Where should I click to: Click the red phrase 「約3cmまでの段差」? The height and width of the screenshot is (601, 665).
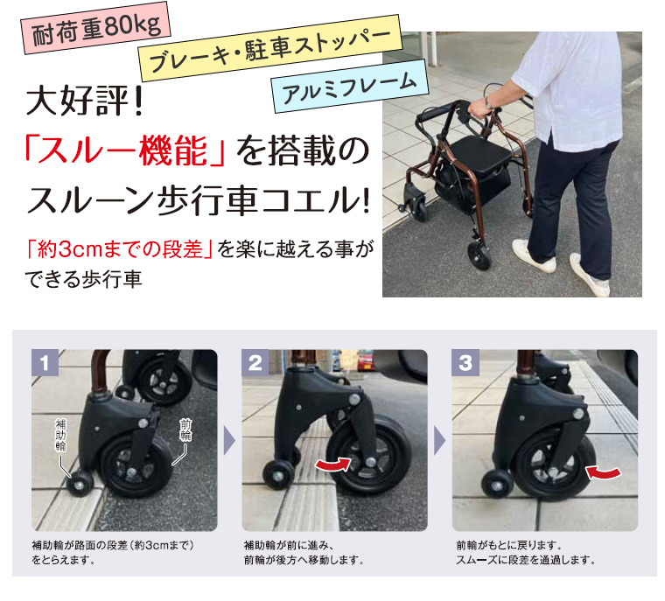tap(121, 250)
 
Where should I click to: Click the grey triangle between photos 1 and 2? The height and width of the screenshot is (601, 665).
tap(230, 440)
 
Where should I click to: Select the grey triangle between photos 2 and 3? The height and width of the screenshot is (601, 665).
tap(440, 440)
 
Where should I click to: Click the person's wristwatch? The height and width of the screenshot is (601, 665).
tap(490, 103)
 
